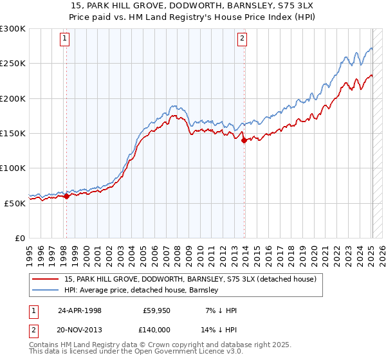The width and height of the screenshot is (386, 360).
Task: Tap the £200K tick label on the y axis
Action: [x=13, y=98]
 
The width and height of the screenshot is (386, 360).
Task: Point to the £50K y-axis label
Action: [x=15, y=203]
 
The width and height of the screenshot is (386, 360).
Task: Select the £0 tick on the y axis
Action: [x=21, y=237]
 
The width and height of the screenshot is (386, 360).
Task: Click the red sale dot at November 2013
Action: [x=244, y=141]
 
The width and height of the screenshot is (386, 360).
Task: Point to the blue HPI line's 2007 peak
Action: [x=172, y=105]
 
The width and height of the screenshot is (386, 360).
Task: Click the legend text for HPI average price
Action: [x=142, y=291]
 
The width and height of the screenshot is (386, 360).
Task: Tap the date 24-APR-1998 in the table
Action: [x=80, y=310]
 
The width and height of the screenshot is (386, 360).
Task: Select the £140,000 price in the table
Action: [x=157, y=329]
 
